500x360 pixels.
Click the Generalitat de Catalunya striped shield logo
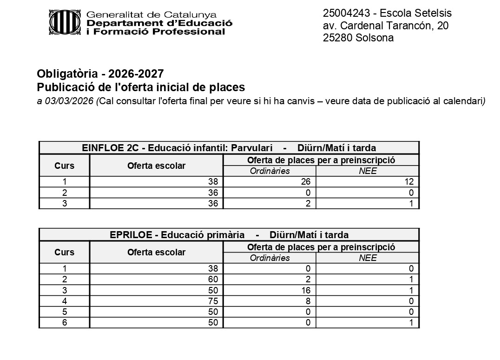point(65,22)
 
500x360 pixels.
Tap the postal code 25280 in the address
point(337,38)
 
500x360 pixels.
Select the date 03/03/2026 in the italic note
point(69,101)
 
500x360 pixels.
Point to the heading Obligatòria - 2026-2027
point(100,73)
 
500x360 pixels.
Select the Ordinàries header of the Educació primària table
point(270,258)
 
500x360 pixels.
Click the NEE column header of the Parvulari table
point(367,171)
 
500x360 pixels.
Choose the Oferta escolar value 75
point(213,301)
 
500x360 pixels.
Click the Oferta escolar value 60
point(213,280)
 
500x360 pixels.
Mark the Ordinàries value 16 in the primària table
point(306,290)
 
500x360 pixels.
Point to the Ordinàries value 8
point(308,301)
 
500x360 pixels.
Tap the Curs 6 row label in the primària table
point(64,322)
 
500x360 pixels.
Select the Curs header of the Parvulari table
point(64,166)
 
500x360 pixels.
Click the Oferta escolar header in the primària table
point(156,253)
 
